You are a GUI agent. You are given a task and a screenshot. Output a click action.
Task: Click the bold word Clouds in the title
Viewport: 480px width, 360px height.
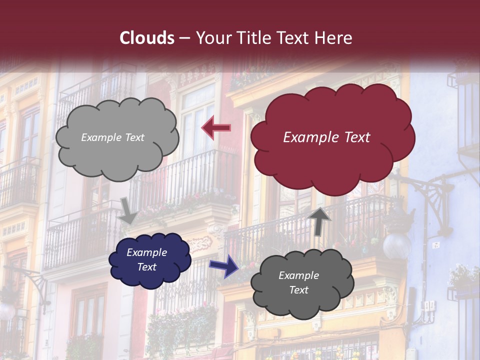(147, 38)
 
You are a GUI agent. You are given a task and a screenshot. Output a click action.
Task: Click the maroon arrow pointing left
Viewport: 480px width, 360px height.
(216, 128)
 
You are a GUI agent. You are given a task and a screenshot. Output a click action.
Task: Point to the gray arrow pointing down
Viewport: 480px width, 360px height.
(128, 210)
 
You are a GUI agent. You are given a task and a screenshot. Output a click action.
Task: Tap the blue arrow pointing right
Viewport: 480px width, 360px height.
(223, 265)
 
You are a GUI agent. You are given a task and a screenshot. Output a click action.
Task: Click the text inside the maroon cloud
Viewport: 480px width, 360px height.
(326, 137)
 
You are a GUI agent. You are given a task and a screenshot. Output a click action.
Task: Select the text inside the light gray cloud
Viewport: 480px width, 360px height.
(112, 137)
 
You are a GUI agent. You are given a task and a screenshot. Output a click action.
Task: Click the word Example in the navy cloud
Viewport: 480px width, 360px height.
(146, 252)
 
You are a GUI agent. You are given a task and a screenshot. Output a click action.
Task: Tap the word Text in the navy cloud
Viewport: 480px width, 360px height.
(146, 267)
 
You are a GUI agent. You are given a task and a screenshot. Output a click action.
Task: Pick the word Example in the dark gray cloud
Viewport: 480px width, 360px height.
(298, 275)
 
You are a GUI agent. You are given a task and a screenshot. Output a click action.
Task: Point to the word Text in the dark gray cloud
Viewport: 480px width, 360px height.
(298, 290)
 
